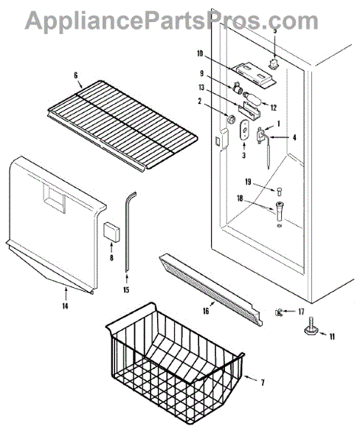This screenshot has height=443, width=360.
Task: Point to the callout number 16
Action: click(x=207, y=312)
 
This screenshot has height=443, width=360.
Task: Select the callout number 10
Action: click(x=200, y=53)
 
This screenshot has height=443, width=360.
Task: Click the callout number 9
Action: click(x=201, y=72)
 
